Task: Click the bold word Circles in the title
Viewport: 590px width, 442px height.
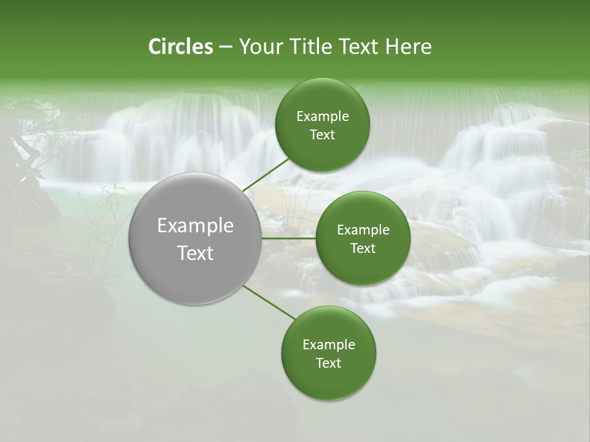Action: [180, 47]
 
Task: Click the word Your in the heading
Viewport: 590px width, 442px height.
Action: [261, 47]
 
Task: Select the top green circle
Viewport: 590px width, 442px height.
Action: [323, 153]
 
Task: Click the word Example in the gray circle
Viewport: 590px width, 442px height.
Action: [195, 226]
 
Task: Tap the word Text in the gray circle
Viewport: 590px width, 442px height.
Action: [195, 253]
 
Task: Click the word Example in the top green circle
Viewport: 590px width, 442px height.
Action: [323, 117]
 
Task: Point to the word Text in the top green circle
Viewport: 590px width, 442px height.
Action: [323, 135]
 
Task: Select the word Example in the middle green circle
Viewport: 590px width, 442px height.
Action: [363, 230]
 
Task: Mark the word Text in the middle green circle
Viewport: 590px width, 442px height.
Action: [363, 249]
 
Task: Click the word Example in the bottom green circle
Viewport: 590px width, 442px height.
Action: [329, 345]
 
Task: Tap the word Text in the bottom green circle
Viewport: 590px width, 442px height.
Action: [329, 363]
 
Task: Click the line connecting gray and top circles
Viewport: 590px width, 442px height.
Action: [265, 175]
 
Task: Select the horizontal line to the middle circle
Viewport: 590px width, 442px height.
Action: [289, 238]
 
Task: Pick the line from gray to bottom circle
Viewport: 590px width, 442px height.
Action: [269, 303]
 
